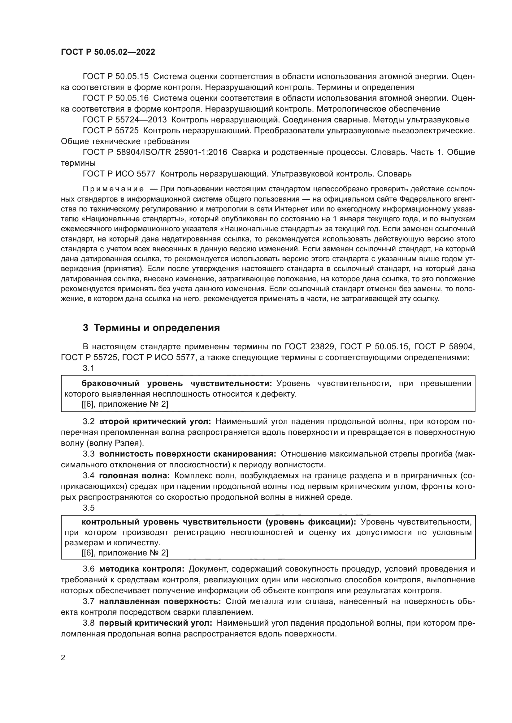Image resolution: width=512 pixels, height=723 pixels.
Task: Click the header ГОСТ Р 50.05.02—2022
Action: tap(108, 52)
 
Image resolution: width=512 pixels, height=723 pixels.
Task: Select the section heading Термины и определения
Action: tap(157, 328)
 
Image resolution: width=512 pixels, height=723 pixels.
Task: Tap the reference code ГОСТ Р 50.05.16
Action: tap(115, 98)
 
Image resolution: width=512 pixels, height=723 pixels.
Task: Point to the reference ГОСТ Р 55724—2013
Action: tap(125, 120)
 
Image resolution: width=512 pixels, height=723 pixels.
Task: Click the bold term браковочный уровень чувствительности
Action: tap(176, 384)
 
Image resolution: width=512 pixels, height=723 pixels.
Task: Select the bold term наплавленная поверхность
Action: tap(160, 601)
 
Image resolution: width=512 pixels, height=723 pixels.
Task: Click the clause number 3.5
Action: tap(89, 508)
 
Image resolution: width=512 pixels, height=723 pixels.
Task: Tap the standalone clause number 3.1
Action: tap(89, 368)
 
